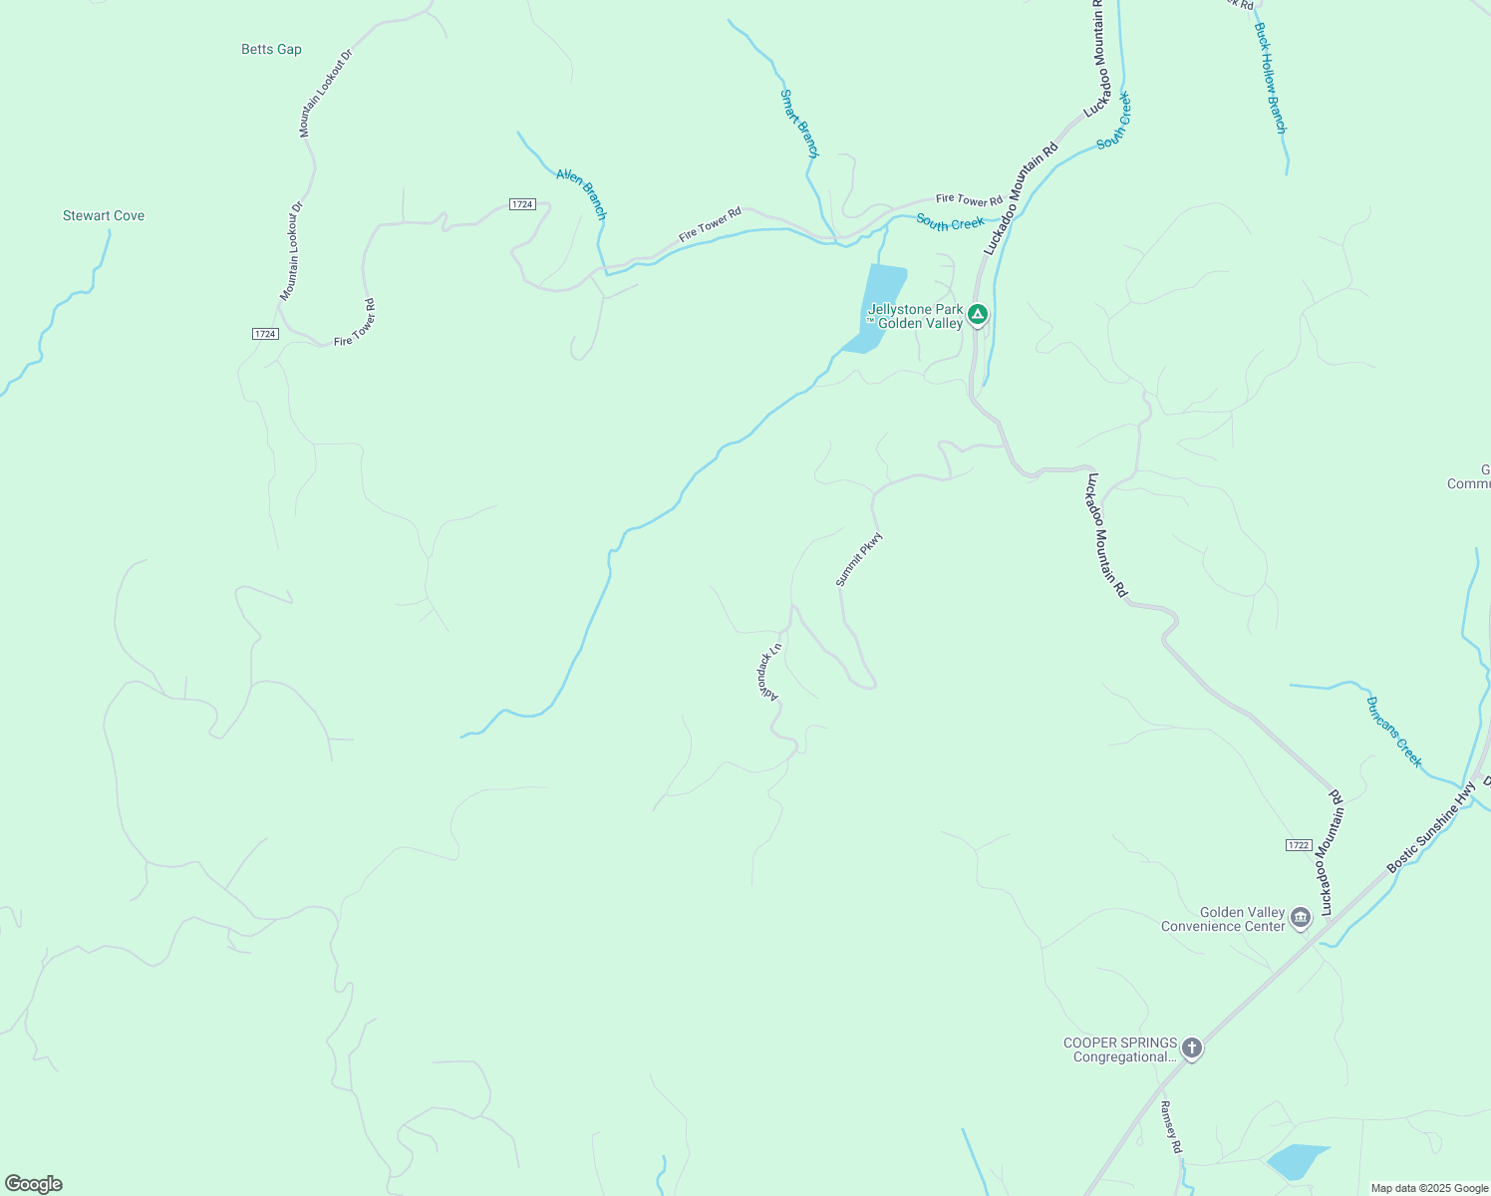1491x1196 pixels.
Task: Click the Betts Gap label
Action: tap(271, 49)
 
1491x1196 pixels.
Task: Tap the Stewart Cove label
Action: tap(104, 215)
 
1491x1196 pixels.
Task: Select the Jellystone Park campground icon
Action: tap(978, 315)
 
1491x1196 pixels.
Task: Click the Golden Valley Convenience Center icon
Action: tap(1300, 918)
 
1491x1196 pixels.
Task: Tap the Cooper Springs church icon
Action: tap(1191, 1048)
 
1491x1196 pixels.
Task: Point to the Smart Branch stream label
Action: tap(798, 124)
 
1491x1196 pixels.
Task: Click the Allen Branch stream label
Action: tap(581, 193)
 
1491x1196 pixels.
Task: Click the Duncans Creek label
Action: tap(1394, 732)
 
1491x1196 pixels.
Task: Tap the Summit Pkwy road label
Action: tap(859, 559)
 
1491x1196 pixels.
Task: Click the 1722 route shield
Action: tap(1298, 845)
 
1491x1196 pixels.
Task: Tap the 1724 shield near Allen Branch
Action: tap(522, 204)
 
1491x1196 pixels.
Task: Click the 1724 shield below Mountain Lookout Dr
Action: tap(264, 334)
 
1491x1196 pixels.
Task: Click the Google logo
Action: tap(34, 1184)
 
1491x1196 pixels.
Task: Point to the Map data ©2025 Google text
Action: tap(1429, 1188)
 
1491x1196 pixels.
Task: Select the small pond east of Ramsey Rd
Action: tap(1297, 1161)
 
